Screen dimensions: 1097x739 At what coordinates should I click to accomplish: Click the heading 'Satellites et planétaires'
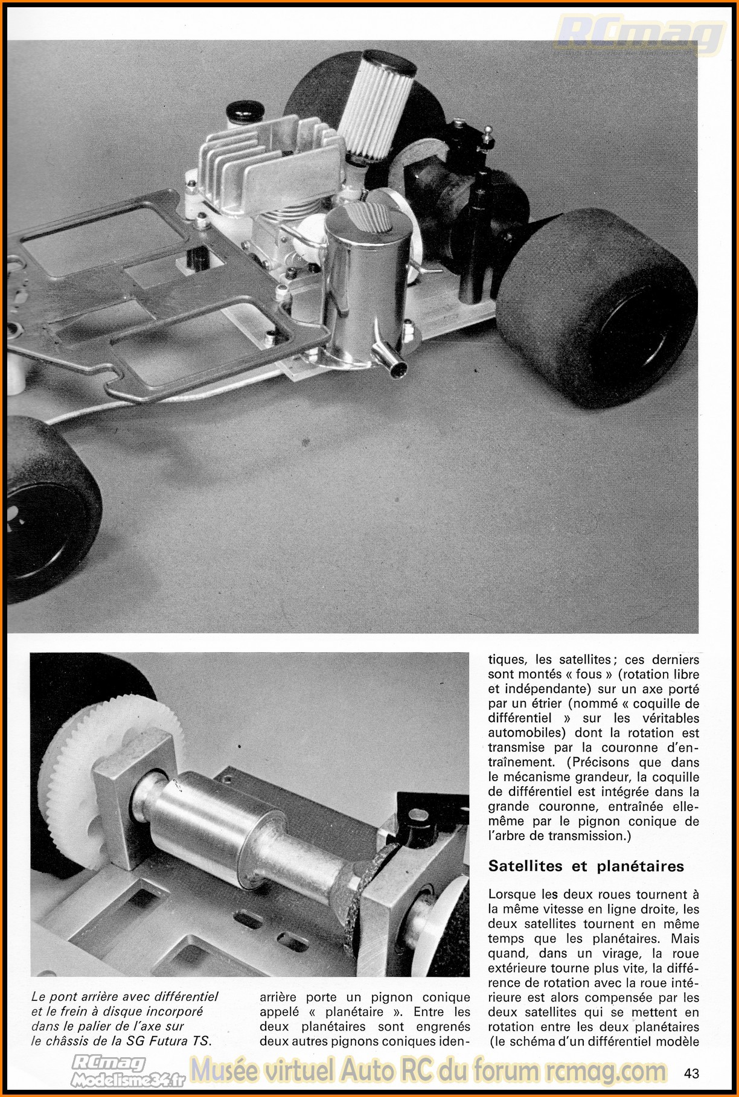pyautogui.click(x=586, y=866)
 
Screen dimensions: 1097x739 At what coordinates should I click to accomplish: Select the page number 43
pyautogui.click(x=691, y=1073)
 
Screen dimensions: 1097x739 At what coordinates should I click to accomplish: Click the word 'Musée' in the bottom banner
pyautogui.click(x=225, y=1070)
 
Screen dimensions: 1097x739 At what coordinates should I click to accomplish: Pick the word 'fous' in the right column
pyautogui.click(x=589, y=674)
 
